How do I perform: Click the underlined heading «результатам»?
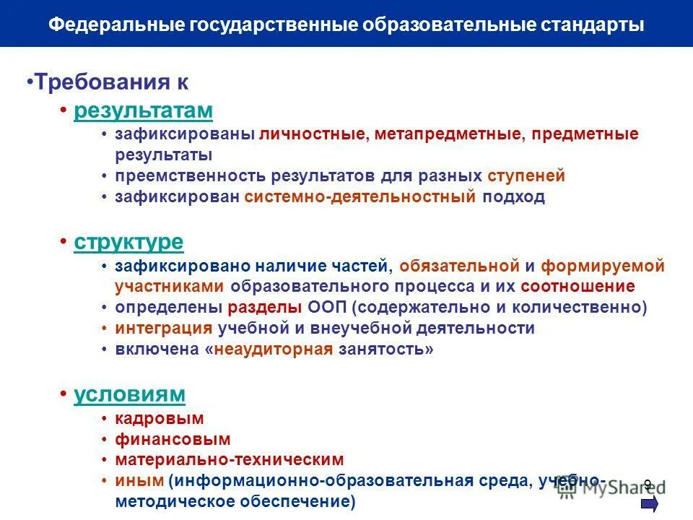tap(143, 110)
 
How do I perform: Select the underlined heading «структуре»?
tap(128, 242)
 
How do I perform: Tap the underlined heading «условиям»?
tap(129, 394)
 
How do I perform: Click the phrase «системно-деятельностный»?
tap(360, 196)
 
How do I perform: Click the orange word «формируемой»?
tap(603, 266)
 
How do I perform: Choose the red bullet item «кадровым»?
tap(159, 418)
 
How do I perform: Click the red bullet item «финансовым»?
tap(173, 438)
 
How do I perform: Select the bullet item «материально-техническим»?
tap(229, 459)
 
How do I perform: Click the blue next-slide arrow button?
tap(649, 503)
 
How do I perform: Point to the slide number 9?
tap(648, 485)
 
